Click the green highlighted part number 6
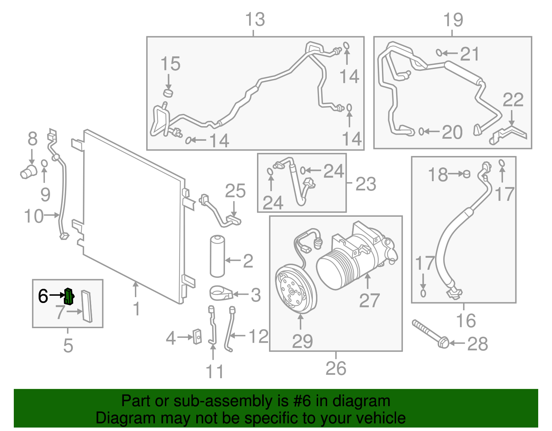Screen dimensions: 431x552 69,296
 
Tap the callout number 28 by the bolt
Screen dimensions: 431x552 477,344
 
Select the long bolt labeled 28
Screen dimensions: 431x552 430,334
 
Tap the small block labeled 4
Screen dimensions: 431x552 197,336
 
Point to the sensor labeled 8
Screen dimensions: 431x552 28,171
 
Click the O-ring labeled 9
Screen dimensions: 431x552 44,163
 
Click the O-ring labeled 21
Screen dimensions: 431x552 439,53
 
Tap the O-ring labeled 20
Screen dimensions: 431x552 421,131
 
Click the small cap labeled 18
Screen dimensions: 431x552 466,174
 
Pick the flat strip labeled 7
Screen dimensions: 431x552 87,306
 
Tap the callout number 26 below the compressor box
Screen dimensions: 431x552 336,369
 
